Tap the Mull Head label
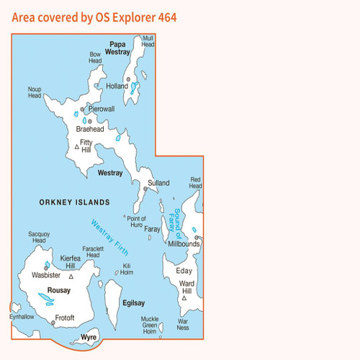[x=148, y=41]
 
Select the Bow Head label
[x=96, y=58]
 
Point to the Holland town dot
[x=127, y=78]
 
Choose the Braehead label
[x=91, y=129]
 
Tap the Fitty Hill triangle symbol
[x=77, y=147]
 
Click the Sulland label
[x=158, y=183]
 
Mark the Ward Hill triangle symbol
[x=184, y=297]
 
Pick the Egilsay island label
[x=134, y=304]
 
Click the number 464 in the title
[x=163, y=16]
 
